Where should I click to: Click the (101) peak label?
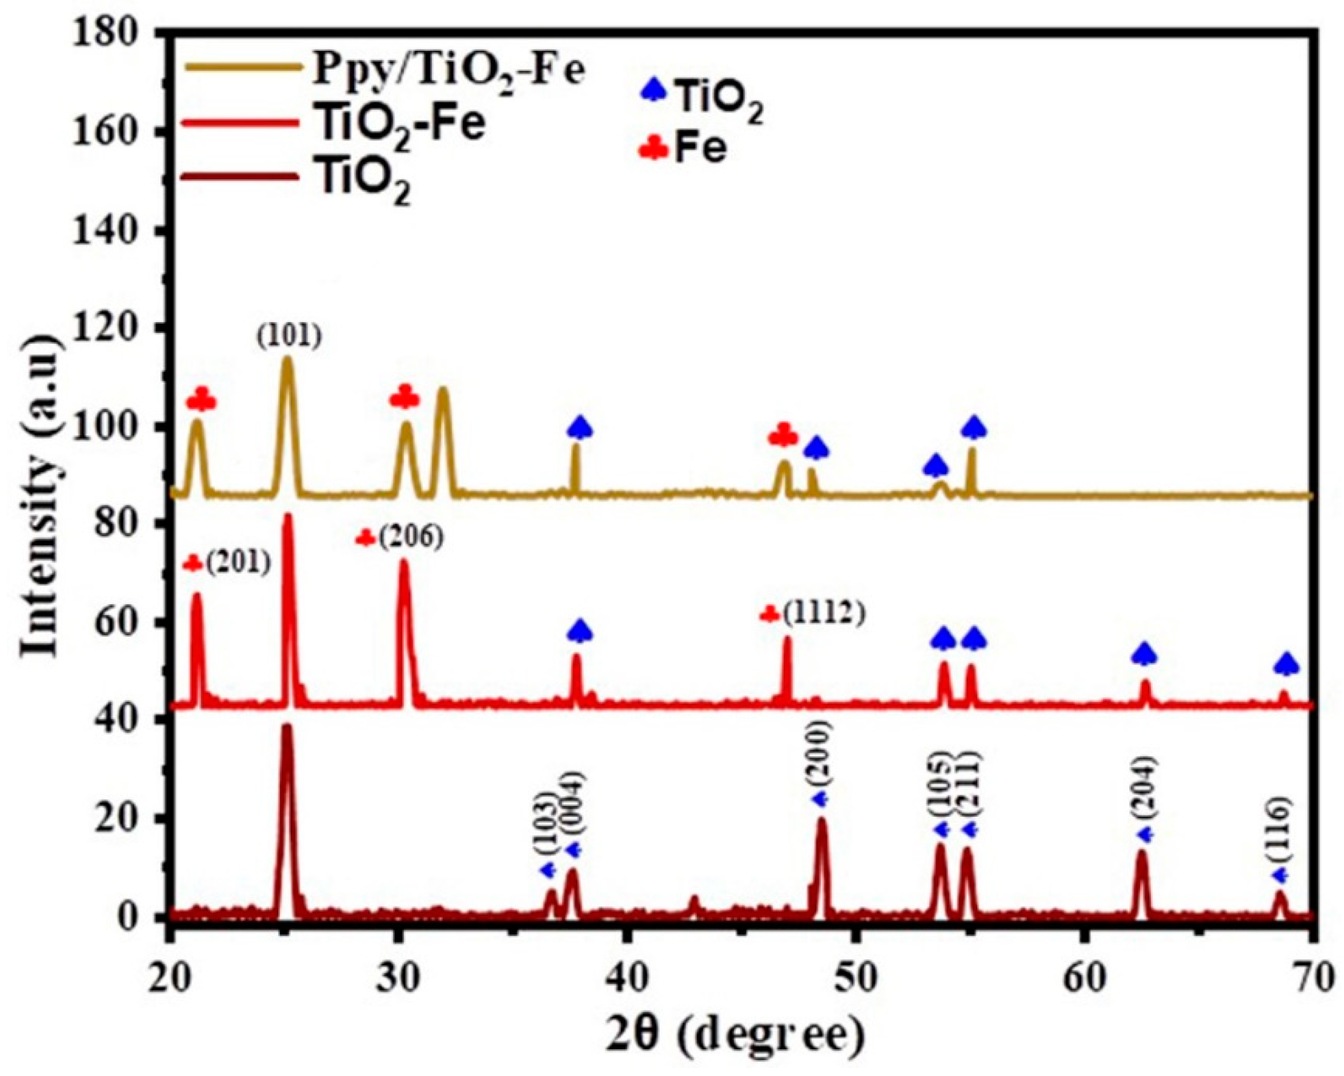pos(289,338)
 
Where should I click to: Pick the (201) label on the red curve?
pos(239,564)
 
